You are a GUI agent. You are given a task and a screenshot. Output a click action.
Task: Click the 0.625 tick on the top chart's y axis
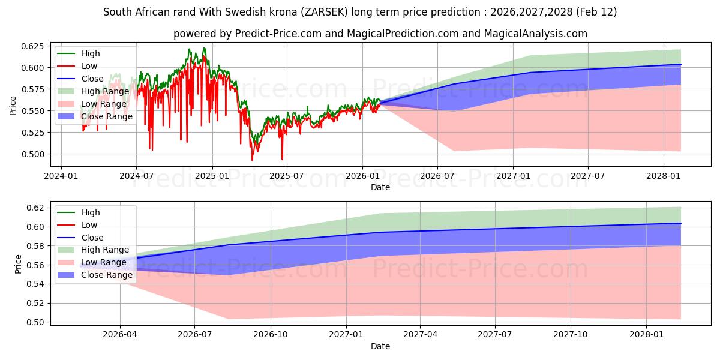[32, 46]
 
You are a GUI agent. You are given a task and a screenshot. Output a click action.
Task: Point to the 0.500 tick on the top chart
[32, 154]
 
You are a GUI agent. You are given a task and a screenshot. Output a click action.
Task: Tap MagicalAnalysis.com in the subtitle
[539, 34]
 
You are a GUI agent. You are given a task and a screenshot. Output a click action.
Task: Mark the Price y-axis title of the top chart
[13, 106]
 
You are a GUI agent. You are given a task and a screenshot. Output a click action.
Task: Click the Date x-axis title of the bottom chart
[380, 346]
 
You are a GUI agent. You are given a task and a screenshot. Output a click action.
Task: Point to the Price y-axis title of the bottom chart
[18, 264]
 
